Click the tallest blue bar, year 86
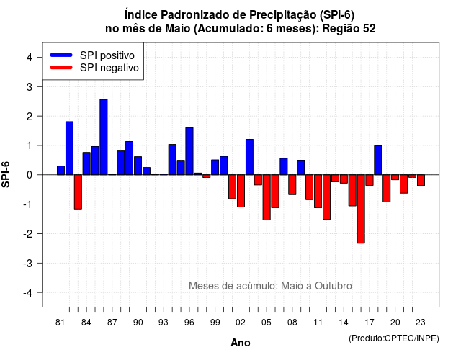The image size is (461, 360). point(104,137)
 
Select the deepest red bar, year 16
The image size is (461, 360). point(361,209)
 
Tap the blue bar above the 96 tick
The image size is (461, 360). point(189,151)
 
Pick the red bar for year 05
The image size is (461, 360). point(267,197)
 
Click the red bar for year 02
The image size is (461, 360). point(241,191)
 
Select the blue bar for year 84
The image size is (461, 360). point(86,163)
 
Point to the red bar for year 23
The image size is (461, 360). point(421,180)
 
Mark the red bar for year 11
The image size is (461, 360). point(318,192)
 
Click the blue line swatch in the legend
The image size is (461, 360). point(61,55)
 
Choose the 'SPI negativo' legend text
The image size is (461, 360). point(109,68)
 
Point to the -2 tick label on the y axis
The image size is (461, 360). point(29,234)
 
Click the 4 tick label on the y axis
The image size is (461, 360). point(30,58)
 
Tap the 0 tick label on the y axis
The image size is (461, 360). point(30,175)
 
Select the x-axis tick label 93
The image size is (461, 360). point(164,323)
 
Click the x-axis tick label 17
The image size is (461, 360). point(370,323)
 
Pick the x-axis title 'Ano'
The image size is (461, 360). point(241,343)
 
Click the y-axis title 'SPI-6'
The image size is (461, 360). point(6,174)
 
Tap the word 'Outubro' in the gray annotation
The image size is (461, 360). point(333,286)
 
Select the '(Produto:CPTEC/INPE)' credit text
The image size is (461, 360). point(394,338)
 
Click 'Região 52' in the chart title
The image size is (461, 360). point(349,29)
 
